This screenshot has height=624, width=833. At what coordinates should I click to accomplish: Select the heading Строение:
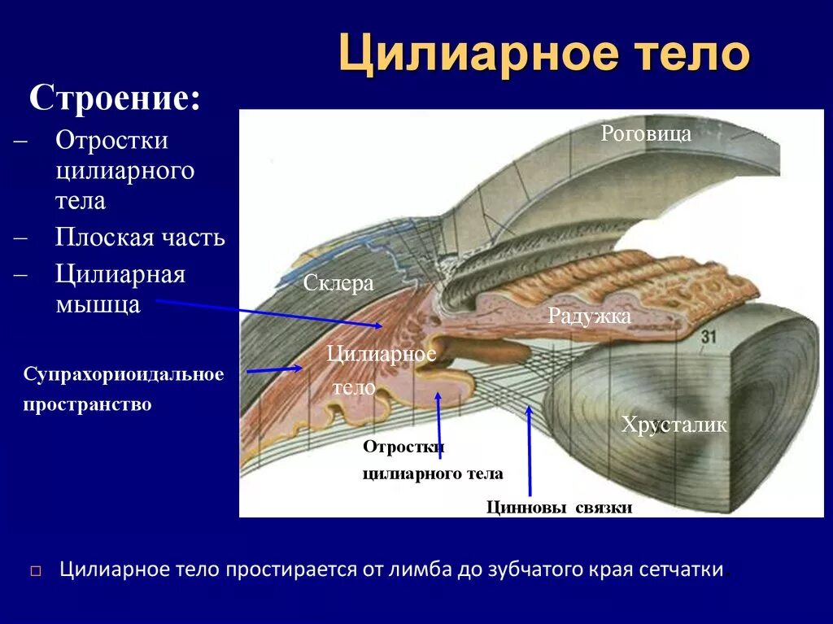pos(115,99)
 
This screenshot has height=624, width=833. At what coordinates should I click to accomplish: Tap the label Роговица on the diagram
pos(646,133)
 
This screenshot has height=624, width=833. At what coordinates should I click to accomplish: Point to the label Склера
pos(338,283)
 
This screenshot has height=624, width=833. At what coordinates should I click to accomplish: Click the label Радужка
pos(589,316)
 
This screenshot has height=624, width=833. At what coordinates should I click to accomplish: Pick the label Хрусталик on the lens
pos(674,425)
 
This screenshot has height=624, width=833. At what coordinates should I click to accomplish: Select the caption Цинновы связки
pos(559,508)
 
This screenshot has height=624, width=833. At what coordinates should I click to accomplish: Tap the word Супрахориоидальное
pos(124,374)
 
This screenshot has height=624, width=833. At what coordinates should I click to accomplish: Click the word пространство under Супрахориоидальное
pos(87,404)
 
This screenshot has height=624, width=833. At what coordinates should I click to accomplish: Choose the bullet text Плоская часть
pos(140,238)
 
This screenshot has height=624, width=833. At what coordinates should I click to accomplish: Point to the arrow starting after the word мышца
pos(268,313)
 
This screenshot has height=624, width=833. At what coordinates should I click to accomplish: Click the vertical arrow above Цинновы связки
pos(530,452)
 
